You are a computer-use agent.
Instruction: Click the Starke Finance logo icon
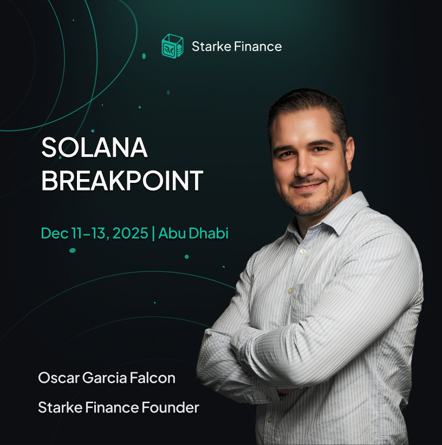172,46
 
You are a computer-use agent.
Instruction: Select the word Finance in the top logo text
258,47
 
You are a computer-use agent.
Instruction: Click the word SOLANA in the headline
94,148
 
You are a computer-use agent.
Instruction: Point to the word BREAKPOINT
122,181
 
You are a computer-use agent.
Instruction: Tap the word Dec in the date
54,233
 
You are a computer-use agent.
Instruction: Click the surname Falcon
153,378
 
